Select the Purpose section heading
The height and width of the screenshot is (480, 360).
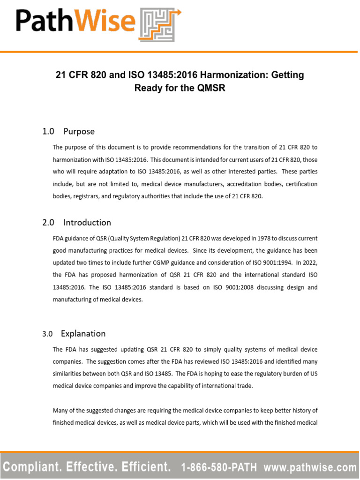click(x=79, y=132)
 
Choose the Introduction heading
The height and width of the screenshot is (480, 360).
click(x=87, y=223)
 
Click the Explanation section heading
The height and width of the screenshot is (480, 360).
click(x=83, y=334)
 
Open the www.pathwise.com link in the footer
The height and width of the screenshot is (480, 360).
click(x=310, y=467)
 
